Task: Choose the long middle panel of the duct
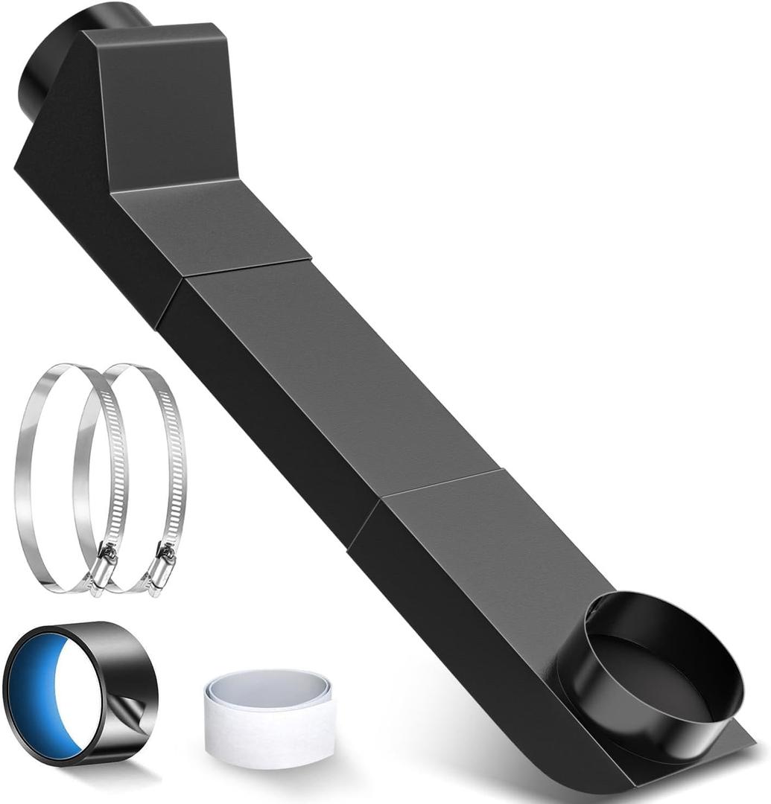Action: pyautogui.click(x=328, y=372)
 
